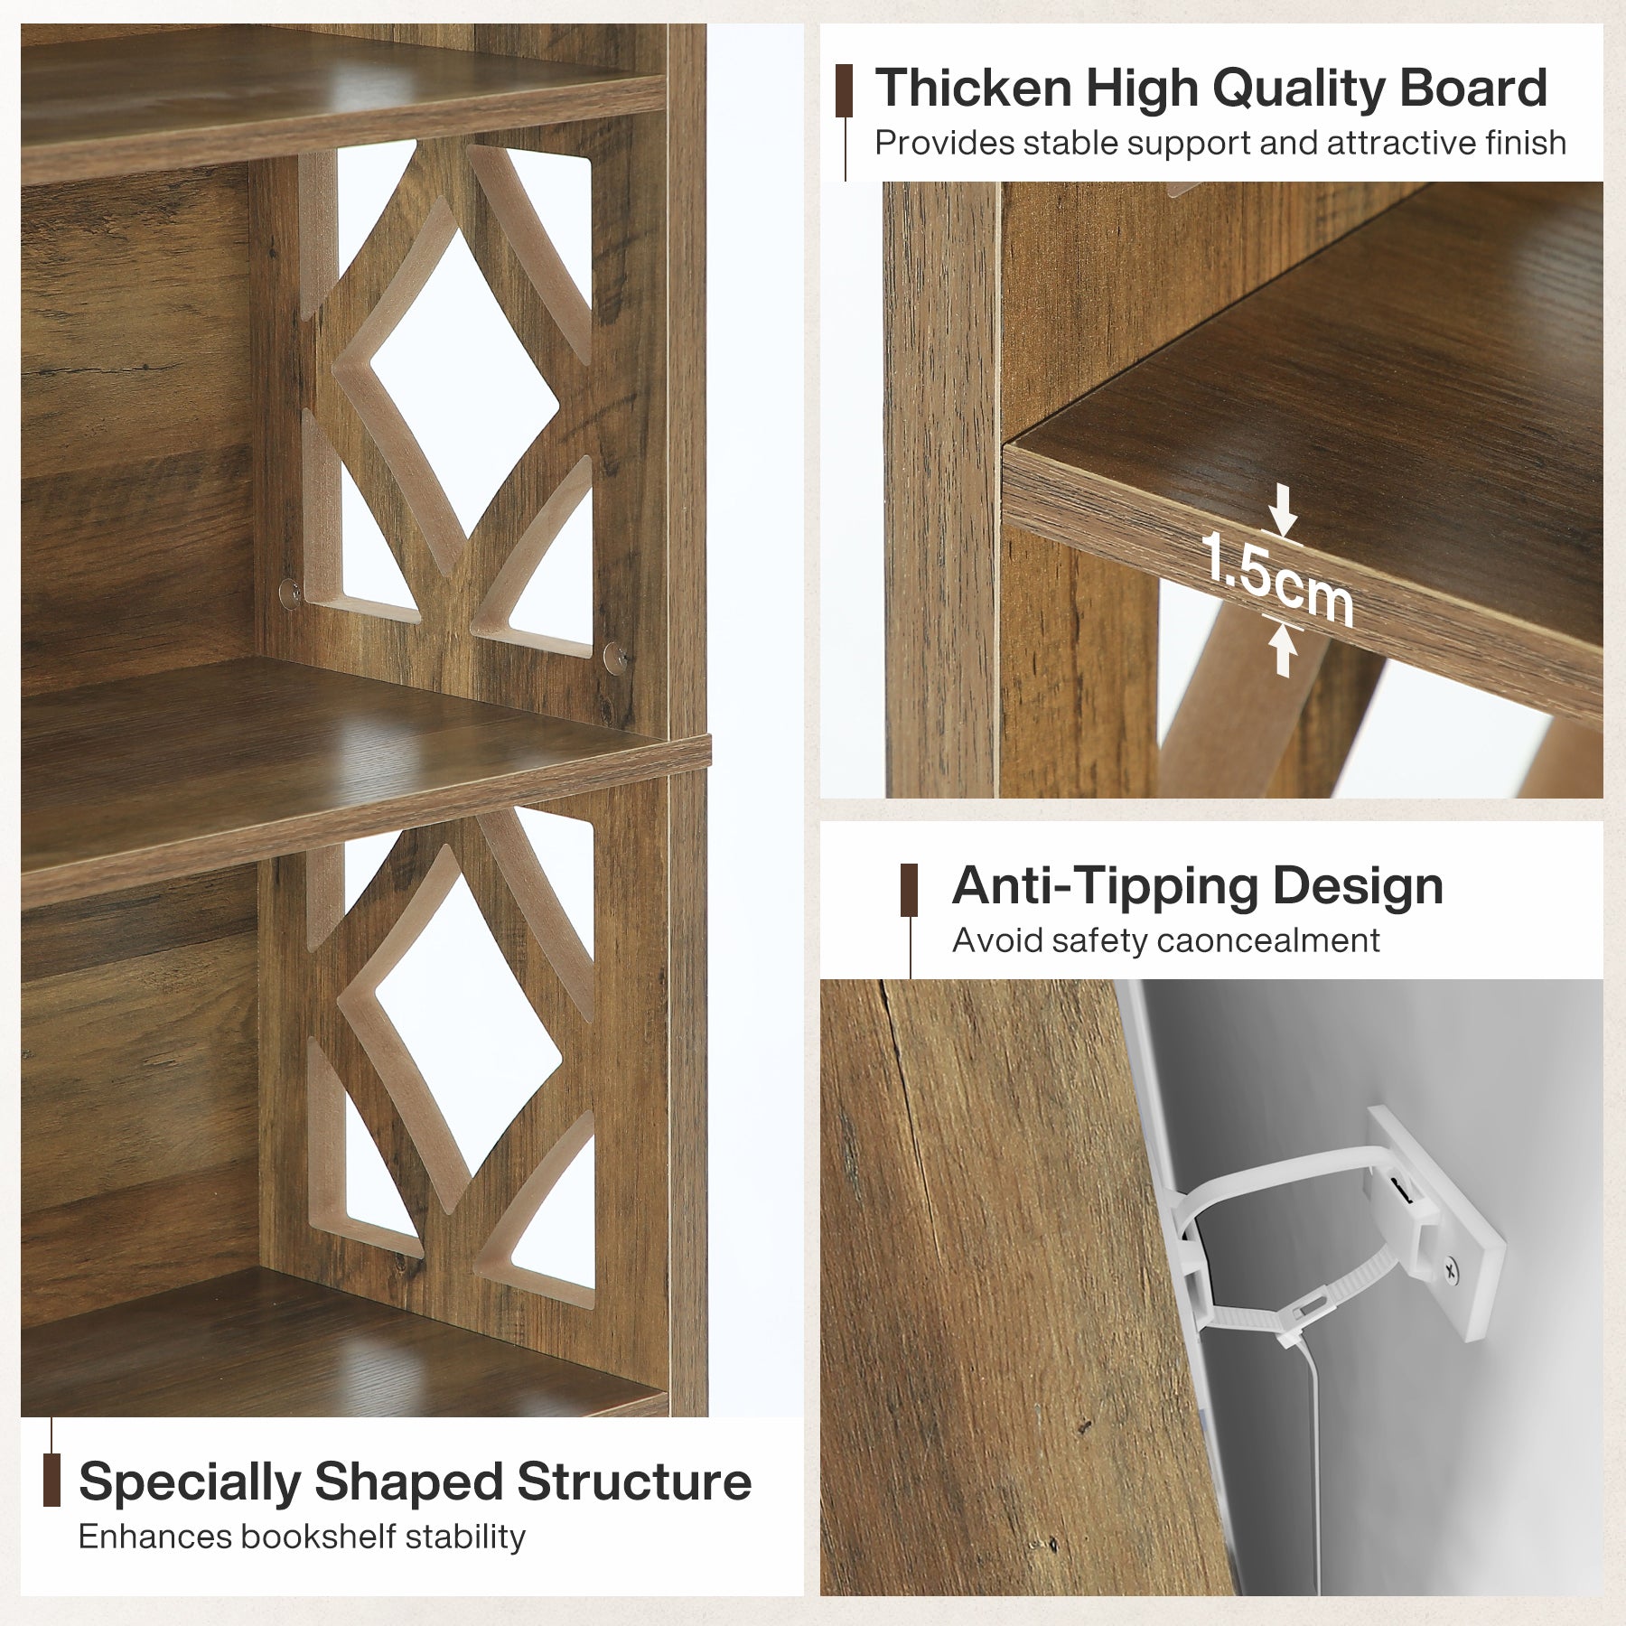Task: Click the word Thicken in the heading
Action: [x=974, y=89]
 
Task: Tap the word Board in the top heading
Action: [x=1473, y=89]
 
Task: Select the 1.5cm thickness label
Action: [x=1277, y=578]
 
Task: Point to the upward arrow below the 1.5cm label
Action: [x=1283, y=648]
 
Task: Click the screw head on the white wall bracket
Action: [x=1450, y=1272]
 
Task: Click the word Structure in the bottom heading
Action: [x=633, y=1482]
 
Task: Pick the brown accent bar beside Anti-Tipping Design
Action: [x=909, y=891]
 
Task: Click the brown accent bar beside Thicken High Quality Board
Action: [x=845, y=90]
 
